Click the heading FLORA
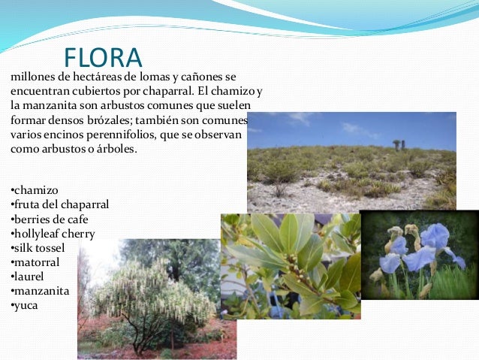pyautogui.click(x=103, y=58)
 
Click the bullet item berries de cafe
pyautogui.click(x=51, y=219)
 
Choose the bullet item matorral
pyautogui.click(x=36, y=262)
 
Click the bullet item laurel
pyautogui.click(x=29, y=277)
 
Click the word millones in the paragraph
pyautogui.click(x=34, y=77)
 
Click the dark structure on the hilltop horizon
pyautogui.click(x=398, y=144)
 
